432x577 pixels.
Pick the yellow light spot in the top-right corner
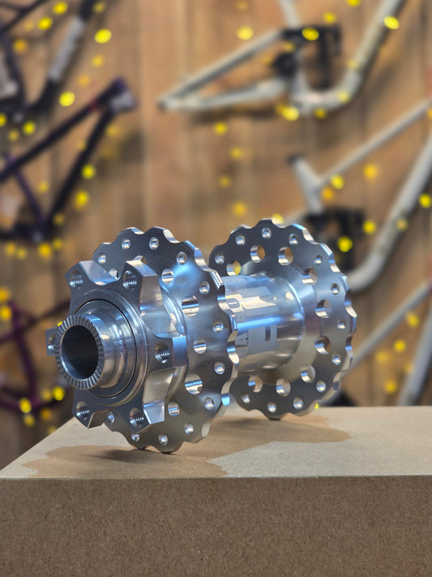[391, 23]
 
